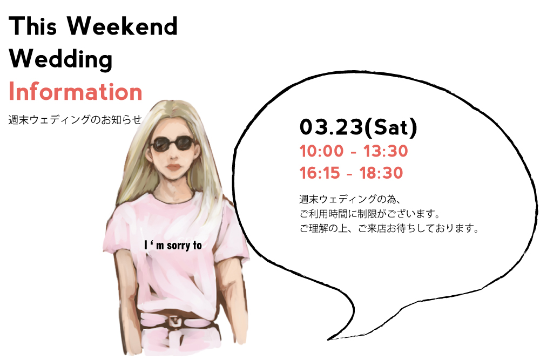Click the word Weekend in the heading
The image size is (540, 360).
pyautogui.click(x=122, y=26)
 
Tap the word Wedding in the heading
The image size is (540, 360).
pyautogui.click(x=60, y=59)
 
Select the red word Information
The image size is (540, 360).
pyautogui.click(x=76, y=92)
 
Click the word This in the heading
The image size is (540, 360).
pyautogui.click(x=32, y=26)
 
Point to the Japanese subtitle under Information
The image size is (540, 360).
pyautogui.click(x=75, y=119)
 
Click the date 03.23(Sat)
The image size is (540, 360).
pyautogui.click(x=358, y=127)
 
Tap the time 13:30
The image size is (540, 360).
pyautogui.click(x=386, y=151)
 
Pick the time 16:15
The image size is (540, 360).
pyautogui.click(x=319, y=173)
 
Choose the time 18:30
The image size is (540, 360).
pyautogui.click(x=381, y=173)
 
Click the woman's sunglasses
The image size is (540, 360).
pyautogui.click(x=172, y=144)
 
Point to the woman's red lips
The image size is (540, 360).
pyautogui.click(x=173, y=167)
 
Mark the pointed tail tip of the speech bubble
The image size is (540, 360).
pyautogui.click(x=328, y=339)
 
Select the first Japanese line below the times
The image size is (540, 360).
pyautogui.click(x=349, y=199)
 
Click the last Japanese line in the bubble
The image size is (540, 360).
pyautogui.click(x=389, y=228)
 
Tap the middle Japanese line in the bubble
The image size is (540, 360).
pyautogui.click(x=369, y=214)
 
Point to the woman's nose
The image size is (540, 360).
pyautogui.click(x=173, y=155)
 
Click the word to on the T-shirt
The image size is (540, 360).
pyautogui.click(x=197, y=246)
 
